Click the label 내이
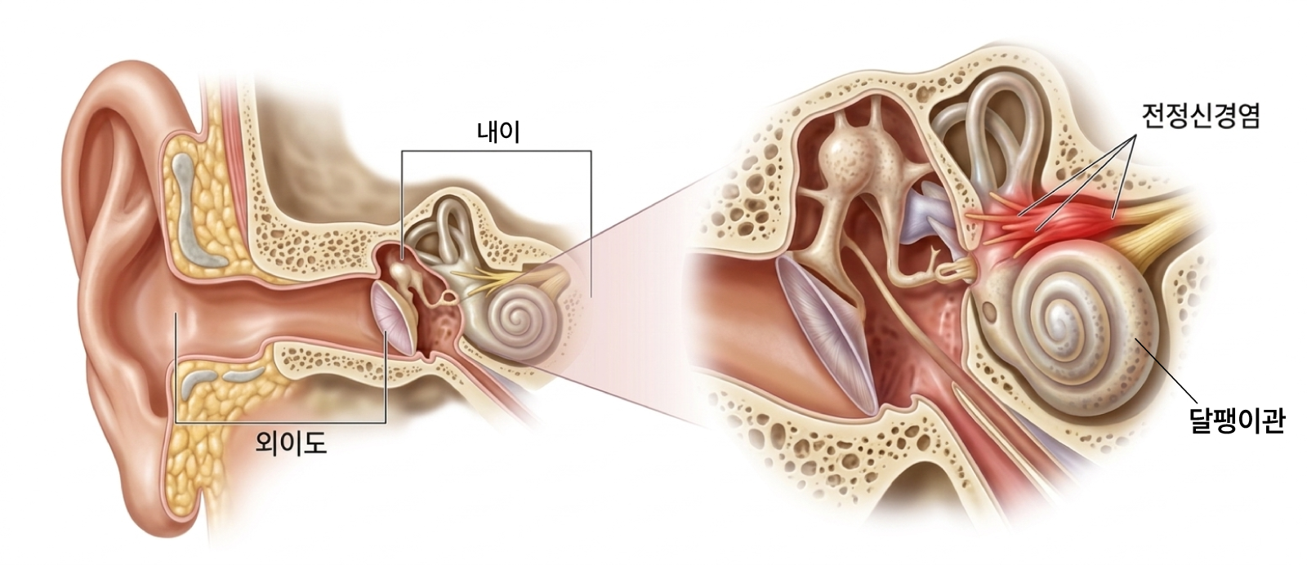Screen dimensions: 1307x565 point(497,132)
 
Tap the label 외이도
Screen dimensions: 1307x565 point(291,444)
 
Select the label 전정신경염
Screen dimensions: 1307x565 point(1202,117)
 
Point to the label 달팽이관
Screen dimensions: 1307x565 point(1237,421)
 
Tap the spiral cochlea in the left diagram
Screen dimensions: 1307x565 point(517,319)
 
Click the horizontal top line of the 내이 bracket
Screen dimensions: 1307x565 point(497,152)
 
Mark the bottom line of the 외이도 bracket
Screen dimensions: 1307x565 point(281,421)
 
